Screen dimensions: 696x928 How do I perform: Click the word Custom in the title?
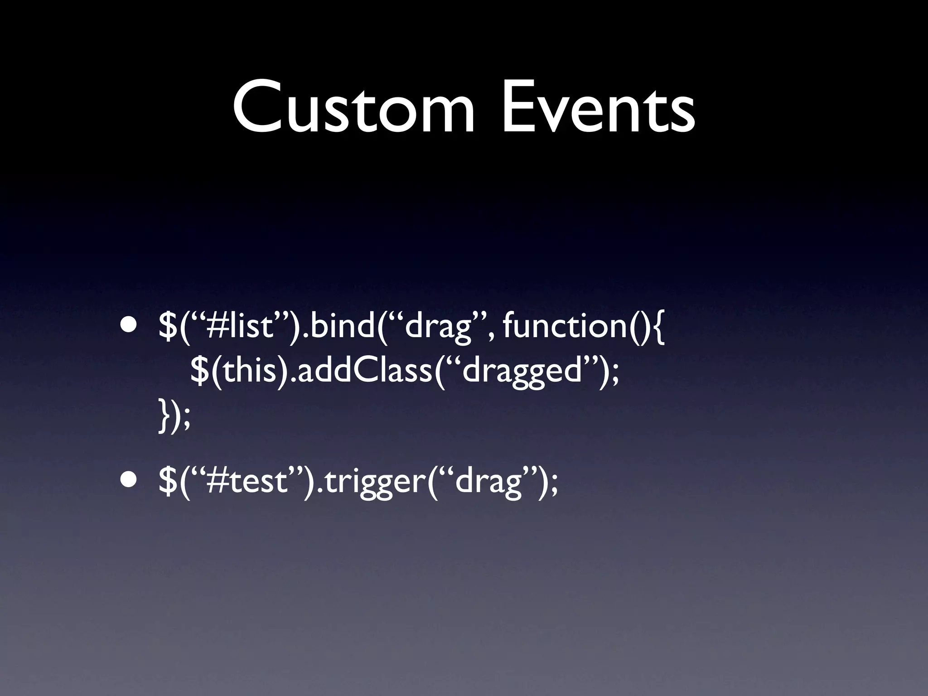[353, 109]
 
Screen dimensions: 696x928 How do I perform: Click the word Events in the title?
[598, 109]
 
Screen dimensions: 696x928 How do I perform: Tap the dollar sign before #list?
[168, 327]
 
